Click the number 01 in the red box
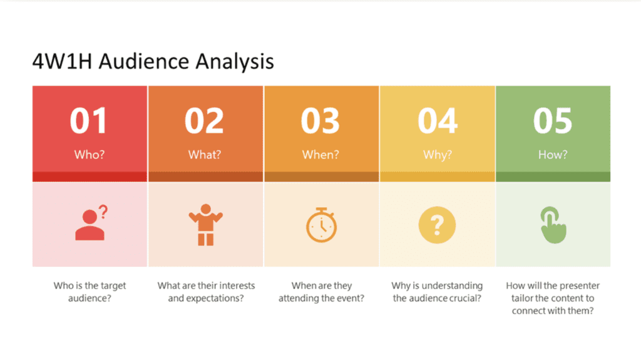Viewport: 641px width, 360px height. pos(89,121)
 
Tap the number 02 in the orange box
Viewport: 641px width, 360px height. pos(205,121)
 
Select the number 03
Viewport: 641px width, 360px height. pos(320,121)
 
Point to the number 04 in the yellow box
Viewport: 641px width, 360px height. pos(438,121)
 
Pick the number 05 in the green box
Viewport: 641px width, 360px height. pos(553,121)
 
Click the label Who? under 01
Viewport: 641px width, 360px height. pos(90,155)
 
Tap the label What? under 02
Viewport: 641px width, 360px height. pos(205,155)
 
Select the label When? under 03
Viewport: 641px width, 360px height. pos(320,155)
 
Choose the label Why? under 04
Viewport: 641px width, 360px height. pos(438,155)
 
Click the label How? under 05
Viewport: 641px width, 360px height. pos(553,155)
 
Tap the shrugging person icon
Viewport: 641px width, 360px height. pos(205,225)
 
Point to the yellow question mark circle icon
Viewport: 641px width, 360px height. pos(437,225)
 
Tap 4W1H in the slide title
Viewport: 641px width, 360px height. pos(62,61)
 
